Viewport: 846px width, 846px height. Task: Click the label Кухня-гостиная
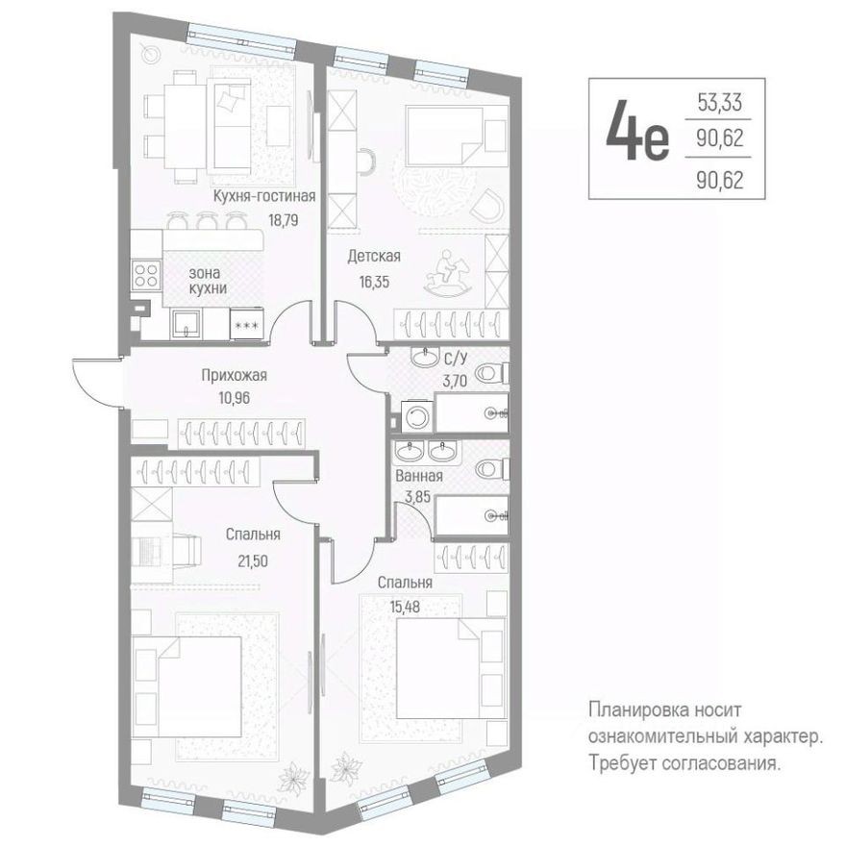(264, 196)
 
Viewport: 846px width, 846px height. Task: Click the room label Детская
(373, 257)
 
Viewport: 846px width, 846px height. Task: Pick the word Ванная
(419, 475)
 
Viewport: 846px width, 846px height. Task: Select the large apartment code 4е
(635, 138)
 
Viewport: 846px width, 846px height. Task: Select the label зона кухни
(208, 280)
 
